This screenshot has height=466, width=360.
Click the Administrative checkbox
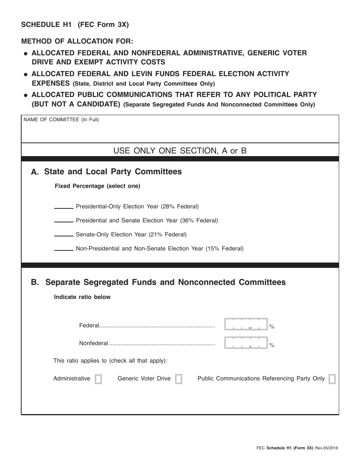point(98,379)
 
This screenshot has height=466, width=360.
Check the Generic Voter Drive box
point(178,379)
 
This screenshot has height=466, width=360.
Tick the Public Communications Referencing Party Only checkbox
point(332,379)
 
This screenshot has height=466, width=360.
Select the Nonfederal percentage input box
point(246,343)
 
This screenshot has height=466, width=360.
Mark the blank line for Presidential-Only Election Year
point(64,208)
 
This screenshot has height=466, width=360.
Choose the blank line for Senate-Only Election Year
point(64,236)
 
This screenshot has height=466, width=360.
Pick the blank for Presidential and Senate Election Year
point(64,222)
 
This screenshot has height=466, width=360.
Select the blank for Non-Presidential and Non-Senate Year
point(64,250)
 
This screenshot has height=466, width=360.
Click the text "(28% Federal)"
point(180,206)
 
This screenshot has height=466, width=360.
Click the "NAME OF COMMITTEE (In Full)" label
point(61,120)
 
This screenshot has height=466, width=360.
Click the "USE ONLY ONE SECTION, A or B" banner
point(180,151)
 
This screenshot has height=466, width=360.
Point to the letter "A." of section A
point(35,172)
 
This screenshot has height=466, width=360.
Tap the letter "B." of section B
point(35,282)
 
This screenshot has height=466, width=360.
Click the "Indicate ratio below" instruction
point(82,297)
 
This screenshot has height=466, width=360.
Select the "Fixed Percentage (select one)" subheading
point(97,186)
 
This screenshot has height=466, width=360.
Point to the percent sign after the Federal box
point(272,327)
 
